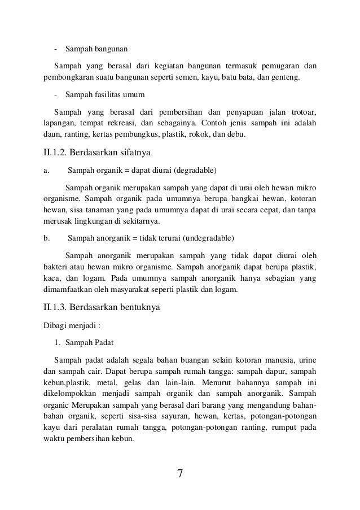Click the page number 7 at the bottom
[x=180, y=473]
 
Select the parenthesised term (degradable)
[x=196, y=169]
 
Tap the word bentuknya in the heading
[x=137, y=308]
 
